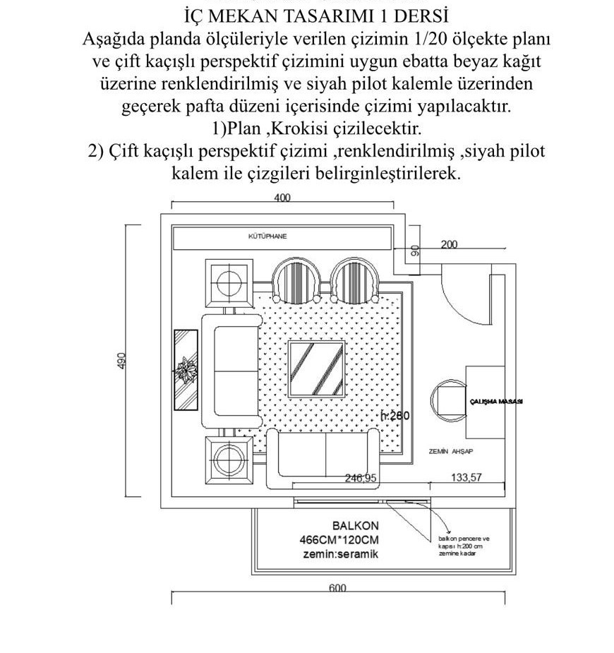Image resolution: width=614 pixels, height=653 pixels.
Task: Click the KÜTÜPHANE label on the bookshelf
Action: tap(267, 236)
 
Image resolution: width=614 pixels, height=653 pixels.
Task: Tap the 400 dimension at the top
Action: tap(282, 198)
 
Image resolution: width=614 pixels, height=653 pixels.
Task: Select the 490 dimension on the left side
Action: tap(121, 361)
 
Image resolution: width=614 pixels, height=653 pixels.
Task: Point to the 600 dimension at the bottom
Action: tap(338, 589)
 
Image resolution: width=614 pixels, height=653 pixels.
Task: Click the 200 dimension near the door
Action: tap(449, 244)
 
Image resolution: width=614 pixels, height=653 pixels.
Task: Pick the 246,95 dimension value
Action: tap(361, 478)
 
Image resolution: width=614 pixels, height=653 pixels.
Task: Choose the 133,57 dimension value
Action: tap(466, 478)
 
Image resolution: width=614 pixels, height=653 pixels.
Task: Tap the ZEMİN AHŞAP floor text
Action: tap(450, 450)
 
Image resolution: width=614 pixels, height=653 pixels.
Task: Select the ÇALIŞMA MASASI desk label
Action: tap(495, 401)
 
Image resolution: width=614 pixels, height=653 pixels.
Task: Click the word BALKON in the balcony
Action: tap(355, 526)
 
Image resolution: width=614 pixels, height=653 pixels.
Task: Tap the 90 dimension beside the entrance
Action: tap(415, 249)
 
